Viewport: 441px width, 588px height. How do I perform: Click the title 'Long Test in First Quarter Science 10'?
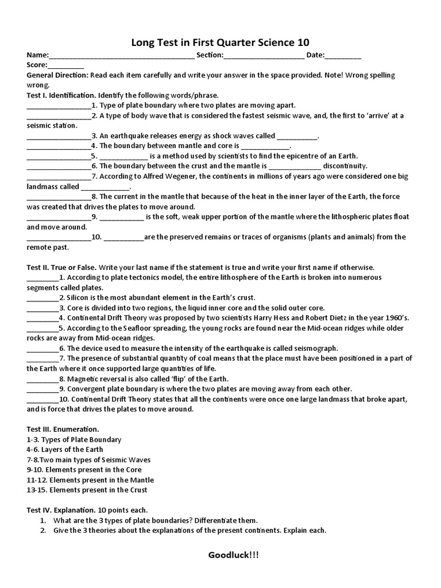coord(220,42)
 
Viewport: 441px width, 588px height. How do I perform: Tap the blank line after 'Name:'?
coord(122,56)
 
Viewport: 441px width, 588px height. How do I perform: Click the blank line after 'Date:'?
coord(343,56)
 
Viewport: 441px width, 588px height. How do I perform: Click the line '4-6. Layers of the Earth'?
coord(65,449)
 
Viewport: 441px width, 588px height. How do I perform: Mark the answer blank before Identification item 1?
coord(59,106)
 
